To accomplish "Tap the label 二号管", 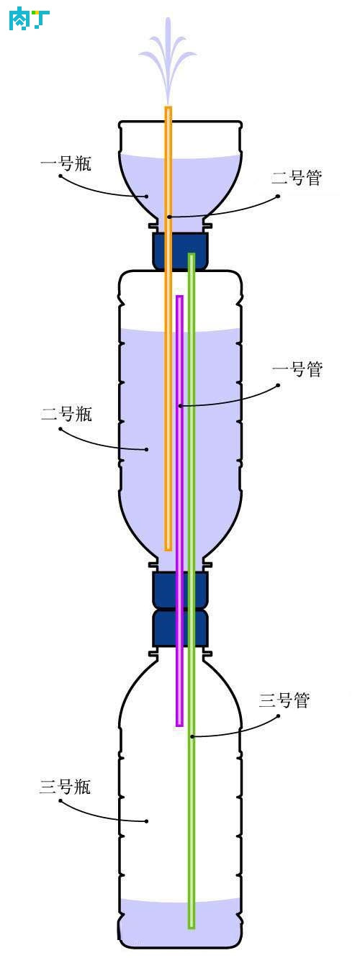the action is (x=297, y=178).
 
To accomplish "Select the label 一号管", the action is (x=297, y=369).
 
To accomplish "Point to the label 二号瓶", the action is (x=66, y=413).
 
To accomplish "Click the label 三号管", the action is (x=284, y=700).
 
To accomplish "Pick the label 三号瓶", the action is (x=66, y=787).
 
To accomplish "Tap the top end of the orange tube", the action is (x=168, y=107).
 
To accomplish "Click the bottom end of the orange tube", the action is (x=168, y=549).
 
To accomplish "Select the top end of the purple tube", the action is (x=179, y=297).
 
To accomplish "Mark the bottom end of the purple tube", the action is (x=179, y=725).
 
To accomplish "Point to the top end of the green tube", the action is (x=192, y=255).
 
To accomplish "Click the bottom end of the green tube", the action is (x=192, y=926).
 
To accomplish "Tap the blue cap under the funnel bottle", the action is (x=180, y=251).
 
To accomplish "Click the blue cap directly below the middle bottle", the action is (x=180, y=589).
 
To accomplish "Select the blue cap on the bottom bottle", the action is (x=180, y=628).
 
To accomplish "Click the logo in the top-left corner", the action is (x=29, y=18).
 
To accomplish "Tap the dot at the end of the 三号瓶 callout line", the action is (x=147, y=821).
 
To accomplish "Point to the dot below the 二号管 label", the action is (x=279, y=196).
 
